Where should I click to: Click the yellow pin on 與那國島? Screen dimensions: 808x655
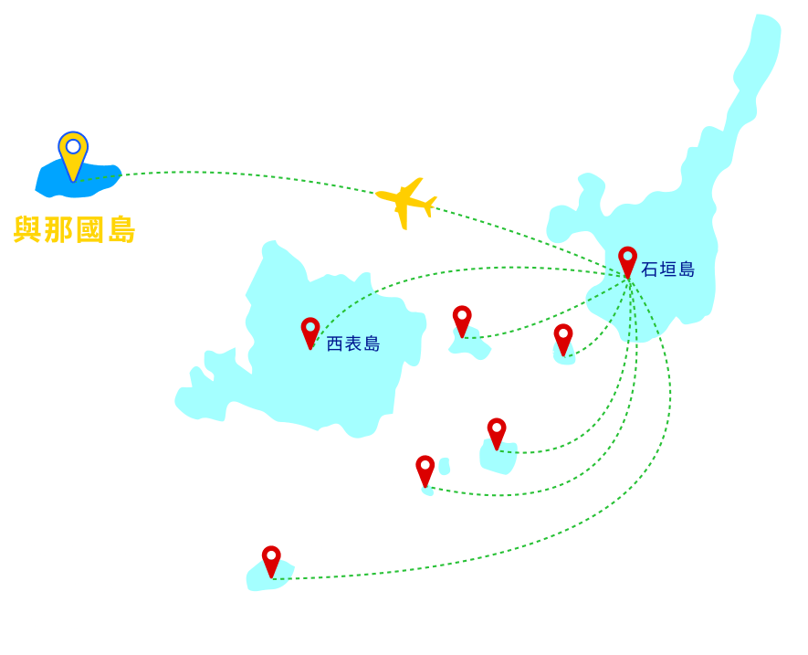pos(73,154)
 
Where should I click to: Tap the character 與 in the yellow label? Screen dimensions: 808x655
pos(27,229)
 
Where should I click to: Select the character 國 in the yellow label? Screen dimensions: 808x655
pos(90,230)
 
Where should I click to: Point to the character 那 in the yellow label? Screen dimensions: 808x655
pos(58,229)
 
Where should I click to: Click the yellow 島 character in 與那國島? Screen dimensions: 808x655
pos(121,230)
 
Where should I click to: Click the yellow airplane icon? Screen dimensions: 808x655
pos(407,203)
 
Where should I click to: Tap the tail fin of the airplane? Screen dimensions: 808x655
pos(430,206)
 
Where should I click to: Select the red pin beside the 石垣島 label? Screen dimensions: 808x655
pos(627,260)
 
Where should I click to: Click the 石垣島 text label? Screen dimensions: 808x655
pos(667,269)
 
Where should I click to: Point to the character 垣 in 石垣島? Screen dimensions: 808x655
pos(667,269)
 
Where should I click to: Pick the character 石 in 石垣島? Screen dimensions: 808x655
pos(650,269)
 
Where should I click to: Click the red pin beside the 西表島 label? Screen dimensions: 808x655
pos(310,333)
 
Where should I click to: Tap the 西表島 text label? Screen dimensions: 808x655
pos(353,344)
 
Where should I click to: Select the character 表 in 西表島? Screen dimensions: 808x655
pos(353,344)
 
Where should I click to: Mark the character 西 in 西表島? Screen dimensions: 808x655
pos(335,344)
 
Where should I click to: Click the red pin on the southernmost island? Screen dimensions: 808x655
pos(271,561)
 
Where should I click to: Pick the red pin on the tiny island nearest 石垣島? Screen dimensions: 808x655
pos(563,339)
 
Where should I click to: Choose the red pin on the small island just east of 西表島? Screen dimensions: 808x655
pos(462,321)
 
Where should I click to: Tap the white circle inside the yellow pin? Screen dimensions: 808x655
pos(73,146)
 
